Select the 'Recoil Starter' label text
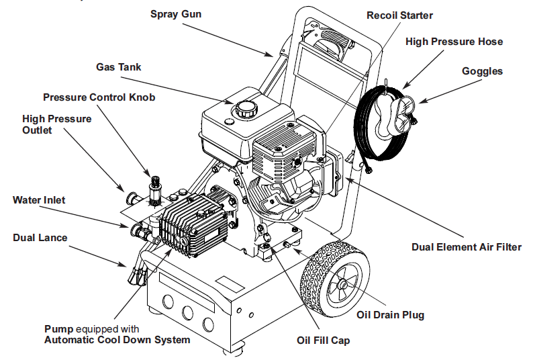[x=399, y=15]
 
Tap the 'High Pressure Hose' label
[x=454, y=42]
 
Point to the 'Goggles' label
[x=481, y=71]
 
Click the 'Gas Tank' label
[x=118, y=67]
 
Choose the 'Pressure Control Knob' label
[x=99, y=97]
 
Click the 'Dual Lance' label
[x=40, y=238]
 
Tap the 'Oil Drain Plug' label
[x=390, y=314]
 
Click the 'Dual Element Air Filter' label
[x=467, y=247]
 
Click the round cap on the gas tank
[x=243, y=107]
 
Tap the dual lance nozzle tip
[x=138, y=275]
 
